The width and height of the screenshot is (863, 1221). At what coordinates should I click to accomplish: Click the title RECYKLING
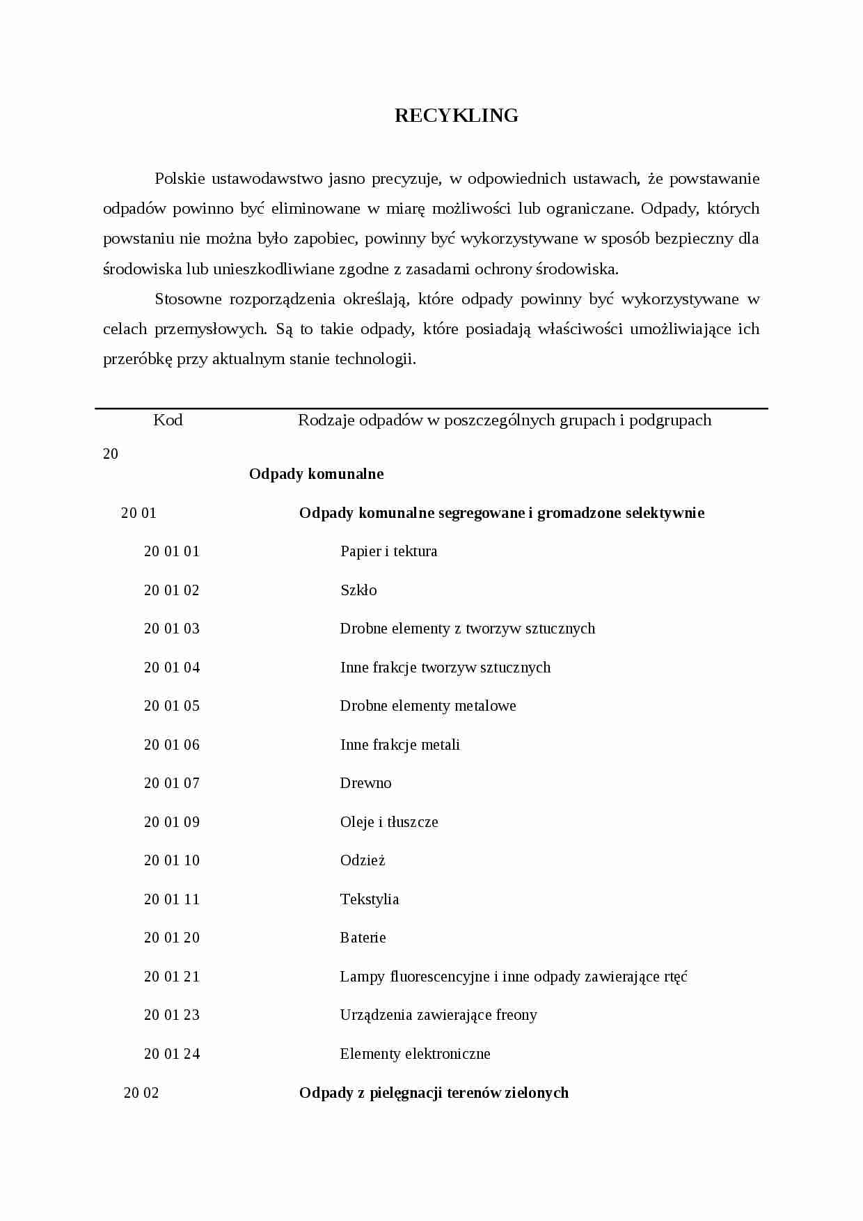coord(457,116)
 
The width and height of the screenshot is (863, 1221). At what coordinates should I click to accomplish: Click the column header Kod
coord(168,420)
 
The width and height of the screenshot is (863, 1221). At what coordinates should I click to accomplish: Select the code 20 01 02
coord(171,590)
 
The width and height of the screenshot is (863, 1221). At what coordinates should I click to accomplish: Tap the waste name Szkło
coord(358,590)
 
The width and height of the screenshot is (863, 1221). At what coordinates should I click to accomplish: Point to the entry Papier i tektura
coord(388,551)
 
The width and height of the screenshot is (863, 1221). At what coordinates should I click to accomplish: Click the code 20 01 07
coord(171,783)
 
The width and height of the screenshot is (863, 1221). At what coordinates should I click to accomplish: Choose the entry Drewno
coord(365,783)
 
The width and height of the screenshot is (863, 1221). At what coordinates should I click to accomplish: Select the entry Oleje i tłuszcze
coord(389,822)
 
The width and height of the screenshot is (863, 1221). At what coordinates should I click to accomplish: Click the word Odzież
coord(363,860)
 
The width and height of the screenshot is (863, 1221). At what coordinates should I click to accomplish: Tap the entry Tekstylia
coord(370,899)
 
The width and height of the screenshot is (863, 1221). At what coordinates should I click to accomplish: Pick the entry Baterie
coord(363,938)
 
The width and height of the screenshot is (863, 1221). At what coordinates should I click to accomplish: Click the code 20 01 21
coord(171,977)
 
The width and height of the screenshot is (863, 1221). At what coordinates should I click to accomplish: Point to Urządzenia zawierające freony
coord(438,1015)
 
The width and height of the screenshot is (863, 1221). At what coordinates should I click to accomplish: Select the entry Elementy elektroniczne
coord(415,1054)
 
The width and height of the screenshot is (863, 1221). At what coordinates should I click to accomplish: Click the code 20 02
coord(141,1093)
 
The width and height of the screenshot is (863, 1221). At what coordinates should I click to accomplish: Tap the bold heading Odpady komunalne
coord(317,474)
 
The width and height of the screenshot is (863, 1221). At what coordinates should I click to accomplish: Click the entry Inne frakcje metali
coord(399,745)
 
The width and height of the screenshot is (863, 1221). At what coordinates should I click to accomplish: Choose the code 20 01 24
coord(171,1054)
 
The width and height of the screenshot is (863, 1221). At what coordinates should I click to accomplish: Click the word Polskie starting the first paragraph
coord(180,179)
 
